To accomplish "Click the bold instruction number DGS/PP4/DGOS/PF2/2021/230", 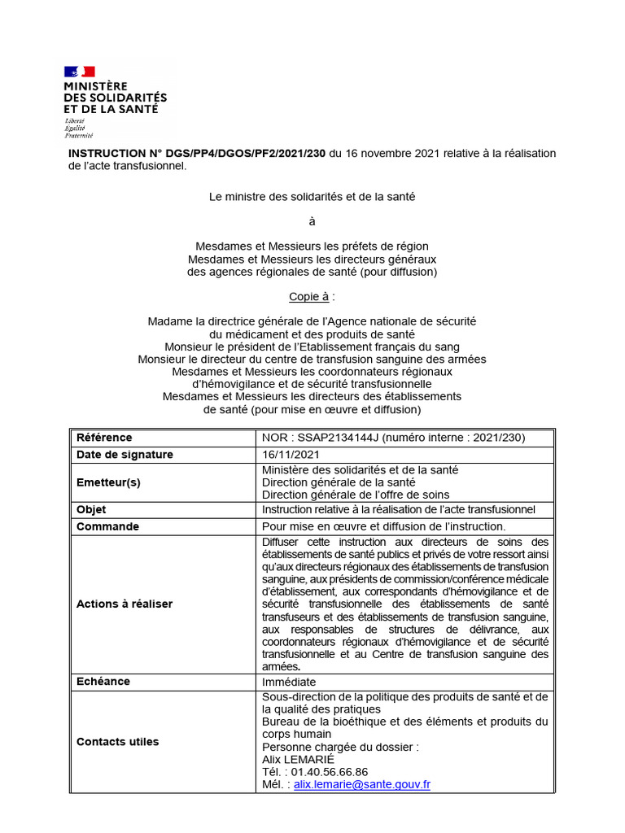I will (197, 154).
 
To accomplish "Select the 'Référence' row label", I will (104, 438).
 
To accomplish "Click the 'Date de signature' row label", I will (125, 455).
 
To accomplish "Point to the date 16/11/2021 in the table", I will (291, 455).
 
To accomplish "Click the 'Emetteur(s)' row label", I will (108, 482).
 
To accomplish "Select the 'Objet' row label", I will (91, 509).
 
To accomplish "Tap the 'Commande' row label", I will (107, 526).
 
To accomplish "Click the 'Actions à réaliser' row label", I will (125, 604).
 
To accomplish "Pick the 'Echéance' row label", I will (103, 681).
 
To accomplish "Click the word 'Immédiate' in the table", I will (289, 682).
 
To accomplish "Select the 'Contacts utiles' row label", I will (118, 741).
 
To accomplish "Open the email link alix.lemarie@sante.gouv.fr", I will (362, 785).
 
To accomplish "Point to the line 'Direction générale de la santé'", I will (338, 482).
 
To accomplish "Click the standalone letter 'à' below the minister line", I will (312, 221).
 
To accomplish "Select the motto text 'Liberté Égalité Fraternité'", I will (80, 128).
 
